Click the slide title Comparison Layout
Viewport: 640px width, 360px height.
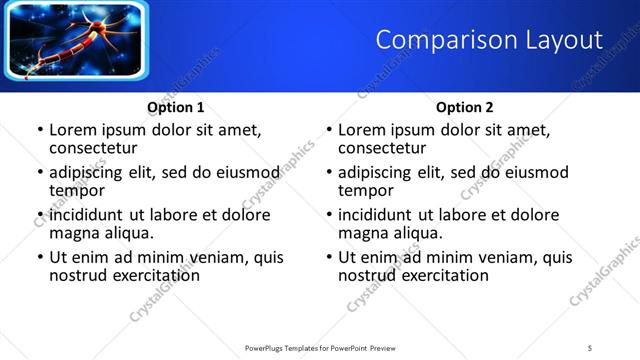pyautogui.click(x=489, y=40)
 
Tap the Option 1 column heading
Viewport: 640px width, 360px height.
pyautogui.click(x=176, y=108)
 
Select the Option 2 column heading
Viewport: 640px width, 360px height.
pyautogui.click(x=465, y=108)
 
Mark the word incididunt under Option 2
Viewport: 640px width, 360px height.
pyautogui.click(x=383, y=215)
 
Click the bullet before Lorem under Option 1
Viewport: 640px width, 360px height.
pyautogui.click(x=40, y=130)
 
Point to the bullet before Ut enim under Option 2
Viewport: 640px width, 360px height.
pyautogui.click(x=329, y=257)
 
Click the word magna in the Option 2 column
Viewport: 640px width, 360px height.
pyautogui.click(x=363, y=233)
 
